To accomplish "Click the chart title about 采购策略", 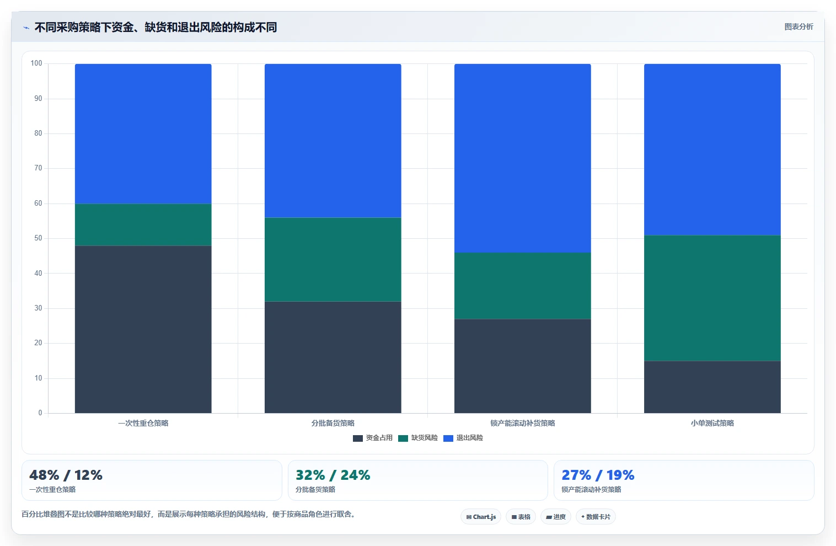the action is point(156,27).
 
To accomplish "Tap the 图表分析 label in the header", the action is point(799,27).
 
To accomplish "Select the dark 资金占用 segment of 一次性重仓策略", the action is point(143,329).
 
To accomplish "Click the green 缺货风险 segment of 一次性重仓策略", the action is point(143,224).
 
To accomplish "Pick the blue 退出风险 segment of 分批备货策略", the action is point(333,141).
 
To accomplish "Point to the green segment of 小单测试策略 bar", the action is point(712,298).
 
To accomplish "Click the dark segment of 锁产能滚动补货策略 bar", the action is point(523,366).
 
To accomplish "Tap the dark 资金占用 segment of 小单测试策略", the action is point(712,387).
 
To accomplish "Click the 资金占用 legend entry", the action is point(373,438).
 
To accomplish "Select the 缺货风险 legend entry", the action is point(418,438).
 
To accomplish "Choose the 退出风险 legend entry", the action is point(463,438).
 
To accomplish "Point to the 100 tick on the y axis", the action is point(36,63).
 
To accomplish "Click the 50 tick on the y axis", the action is point(38,238).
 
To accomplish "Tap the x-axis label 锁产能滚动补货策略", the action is point(523,423).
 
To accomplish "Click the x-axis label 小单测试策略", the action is point(712,423).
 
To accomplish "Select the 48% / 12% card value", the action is point(66,475).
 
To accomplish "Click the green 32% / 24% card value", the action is point(333,475).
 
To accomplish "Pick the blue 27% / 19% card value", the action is point(598,475).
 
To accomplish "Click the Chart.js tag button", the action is point(481,517).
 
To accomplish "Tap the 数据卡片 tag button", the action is point(596,517).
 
